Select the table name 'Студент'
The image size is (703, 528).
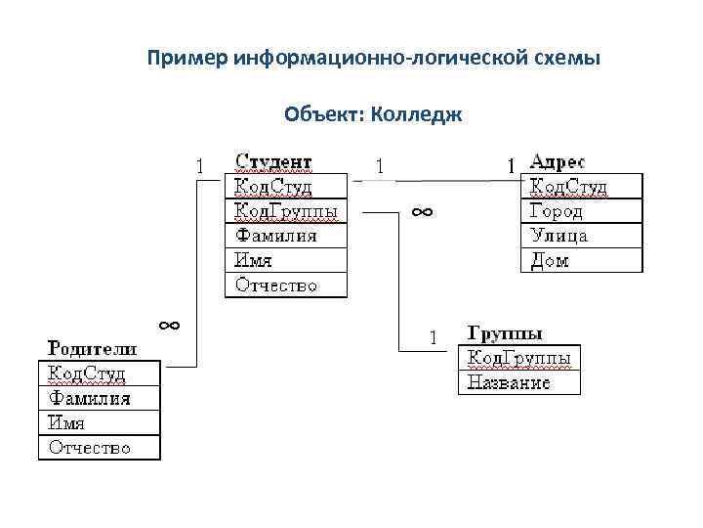pyautogui.click(x=273, y=160)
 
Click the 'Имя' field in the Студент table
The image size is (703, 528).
pyautogui.click(x=253, y=260)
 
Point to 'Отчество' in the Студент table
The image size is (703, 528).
pyautogui.click(x=277, y=286)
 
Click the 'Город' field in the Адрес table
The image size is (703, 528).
pyautogui.click(x=557, y=211)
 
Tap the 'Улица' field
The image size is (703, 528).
pyautogui.click(x=558, y=236)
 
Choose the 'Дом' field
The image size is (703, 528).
pyautogui.click(x=549, y=260)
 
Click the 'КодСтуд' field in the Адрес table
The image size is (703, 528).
pyautogui.click(x=568, y=186)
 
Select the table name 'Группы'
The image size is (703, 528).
pyautogui.click(x=506, y=333)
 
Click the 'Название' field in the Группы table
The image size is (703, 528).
pyautogui.click(x=509, y=382)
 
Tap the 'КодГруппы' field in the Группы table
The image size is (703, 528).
pyautogui.click(x=518, y=358)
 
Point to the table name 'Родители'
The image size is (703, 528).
pyautogui.click(x=93, y=348)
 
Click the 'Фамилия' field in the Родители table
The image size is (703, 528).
pyautogui.click(x=90, y=398)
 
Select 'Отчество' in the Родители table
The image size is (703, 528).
pyautogui.click(x=90, y=448)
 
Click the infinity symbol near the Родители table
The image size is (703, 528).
pyautogui.click(x=168, y=324)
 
